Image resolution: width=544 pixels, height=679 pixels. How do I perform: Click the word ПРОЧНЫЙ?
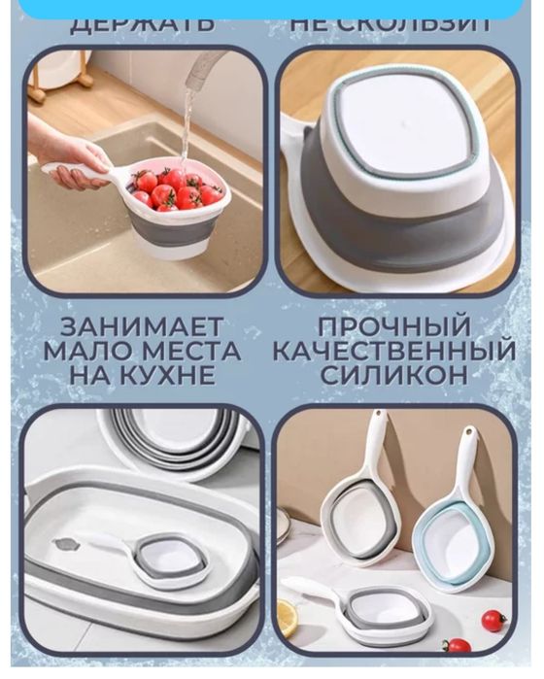tap(393, 327)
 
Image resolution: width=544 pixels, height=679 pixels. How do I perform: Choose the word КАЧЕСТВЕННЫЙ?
tap(393, 351)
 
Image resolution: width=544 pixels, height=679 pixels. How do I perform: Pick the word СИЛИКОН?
tap(393, 375)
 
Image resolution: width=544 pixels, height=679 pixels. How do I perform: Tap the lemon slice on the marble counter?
tap(289, 617)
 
